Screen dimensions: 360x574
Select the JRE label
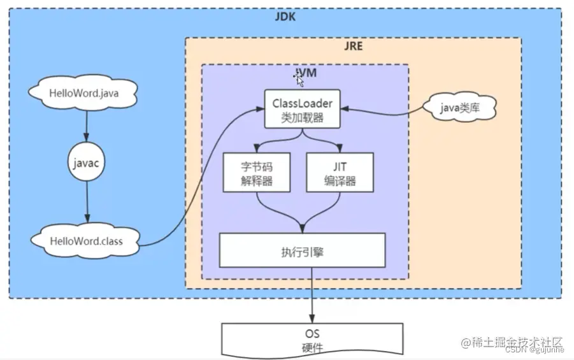click(x=352, y=47)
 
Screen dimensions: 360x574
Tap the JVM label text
click(x=306, y=73)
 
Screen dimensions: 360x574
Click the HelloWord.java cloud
click(x=84, y=94)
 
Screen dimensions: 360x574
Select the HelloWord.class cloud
click(x=86, y=241)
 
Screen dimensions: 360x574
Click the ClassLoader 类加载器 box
click(x=302, y=109)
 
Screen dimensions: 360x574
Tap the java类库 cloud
click(x=459, y=109)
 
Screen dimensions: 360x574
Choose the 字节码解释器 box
click(x=256, y=172)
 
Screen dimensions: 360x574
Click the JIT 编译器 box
click(x=339, y=172)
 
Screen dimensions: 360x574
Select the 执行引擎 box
click(x=302, y=250)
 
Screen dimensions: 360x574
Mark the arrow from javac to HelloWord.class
click(x=87, y=203)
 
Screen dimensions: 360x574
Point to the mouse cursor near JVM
click(x=299, y=80)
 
